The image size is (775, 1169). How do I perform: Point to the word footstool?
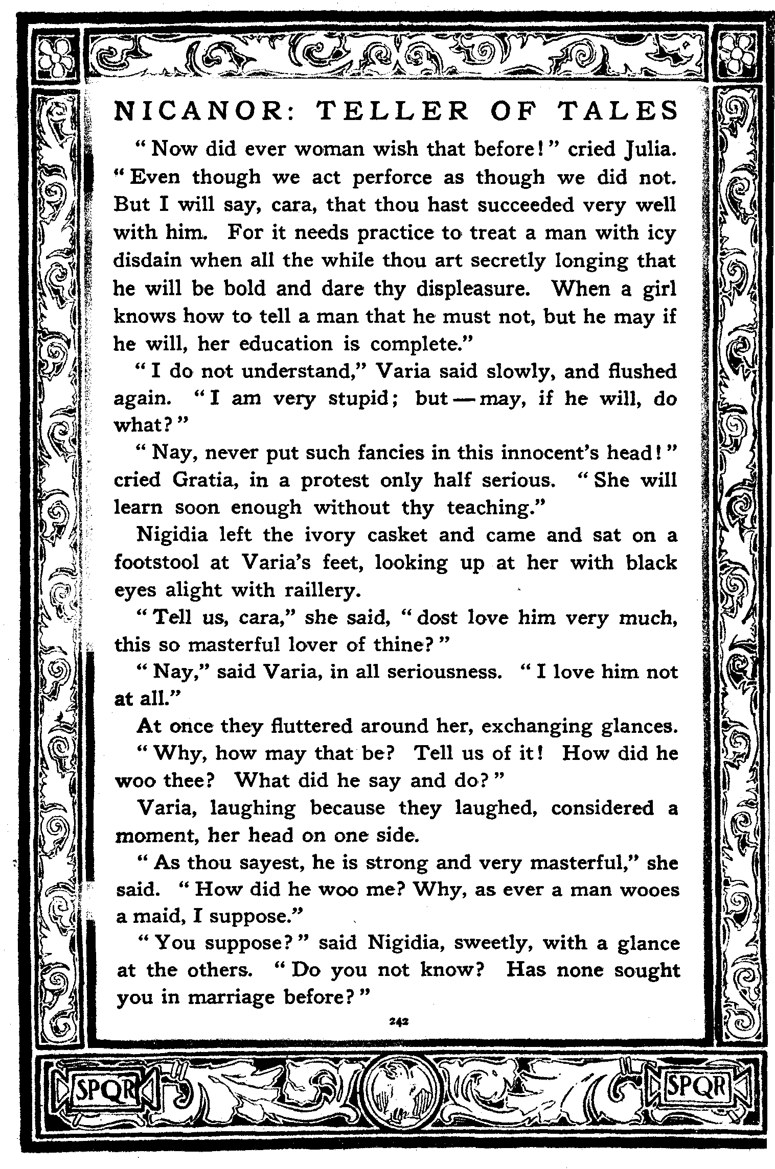[156, 563]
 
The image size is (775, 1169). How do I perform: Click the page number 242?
[397, 1021]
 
